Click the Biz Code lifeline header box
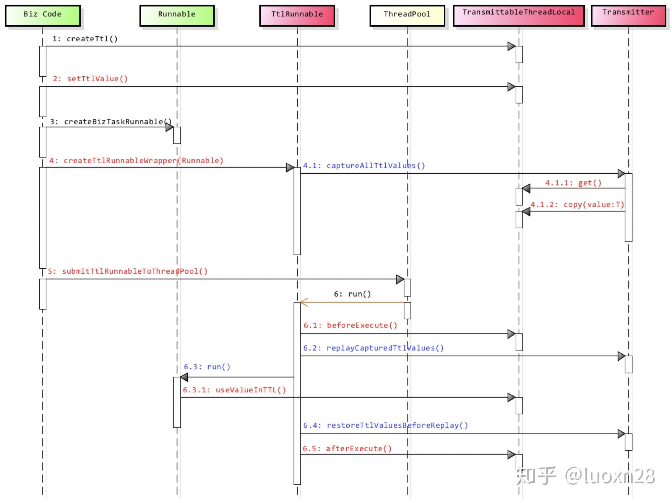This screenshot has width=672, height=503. point(42,15)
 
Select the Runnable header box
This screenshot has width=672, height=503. point(177,15)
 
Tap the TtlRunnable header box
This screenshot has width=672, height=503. point(297,15)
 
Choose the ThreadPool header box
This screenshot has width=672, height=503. point(407,15)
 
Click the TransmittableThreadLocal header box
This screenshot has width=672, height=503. point(518,15)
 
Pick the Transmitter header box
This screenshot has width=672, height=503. point(628,15)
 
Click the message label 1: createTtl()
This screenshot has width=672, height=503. point(85,39)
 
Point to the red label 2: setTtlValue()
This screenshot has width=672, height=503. point(90,79)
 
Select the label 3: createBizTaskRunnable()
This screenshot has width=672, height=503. point(110,121)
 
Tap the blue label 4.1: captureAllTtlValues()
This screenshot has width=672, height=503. point(364,165)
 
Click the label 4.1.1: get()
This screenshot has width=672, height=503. point(573,182)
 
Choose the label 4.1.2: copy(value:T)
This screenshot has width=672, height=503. point(577,204)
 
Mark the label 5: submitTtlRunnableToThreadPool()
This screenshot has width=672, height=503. point(128,271)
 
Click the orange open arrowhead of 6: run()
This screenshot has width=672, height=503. point(304,302)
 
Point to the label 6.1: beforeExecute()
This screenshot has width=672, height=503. point(350,325)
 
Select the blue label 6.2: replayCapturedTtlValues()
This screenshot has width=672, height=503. point(373,348)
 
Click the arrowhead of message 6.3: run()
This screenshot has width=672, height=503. point(184,377)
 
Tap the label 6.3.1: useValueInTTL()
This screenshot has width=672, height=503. point(234,390)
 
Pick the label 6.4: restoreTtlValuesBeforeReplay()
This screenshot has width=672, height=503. point(385,425)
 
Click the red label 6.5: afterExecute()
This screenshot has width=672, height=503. point(347,448)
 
